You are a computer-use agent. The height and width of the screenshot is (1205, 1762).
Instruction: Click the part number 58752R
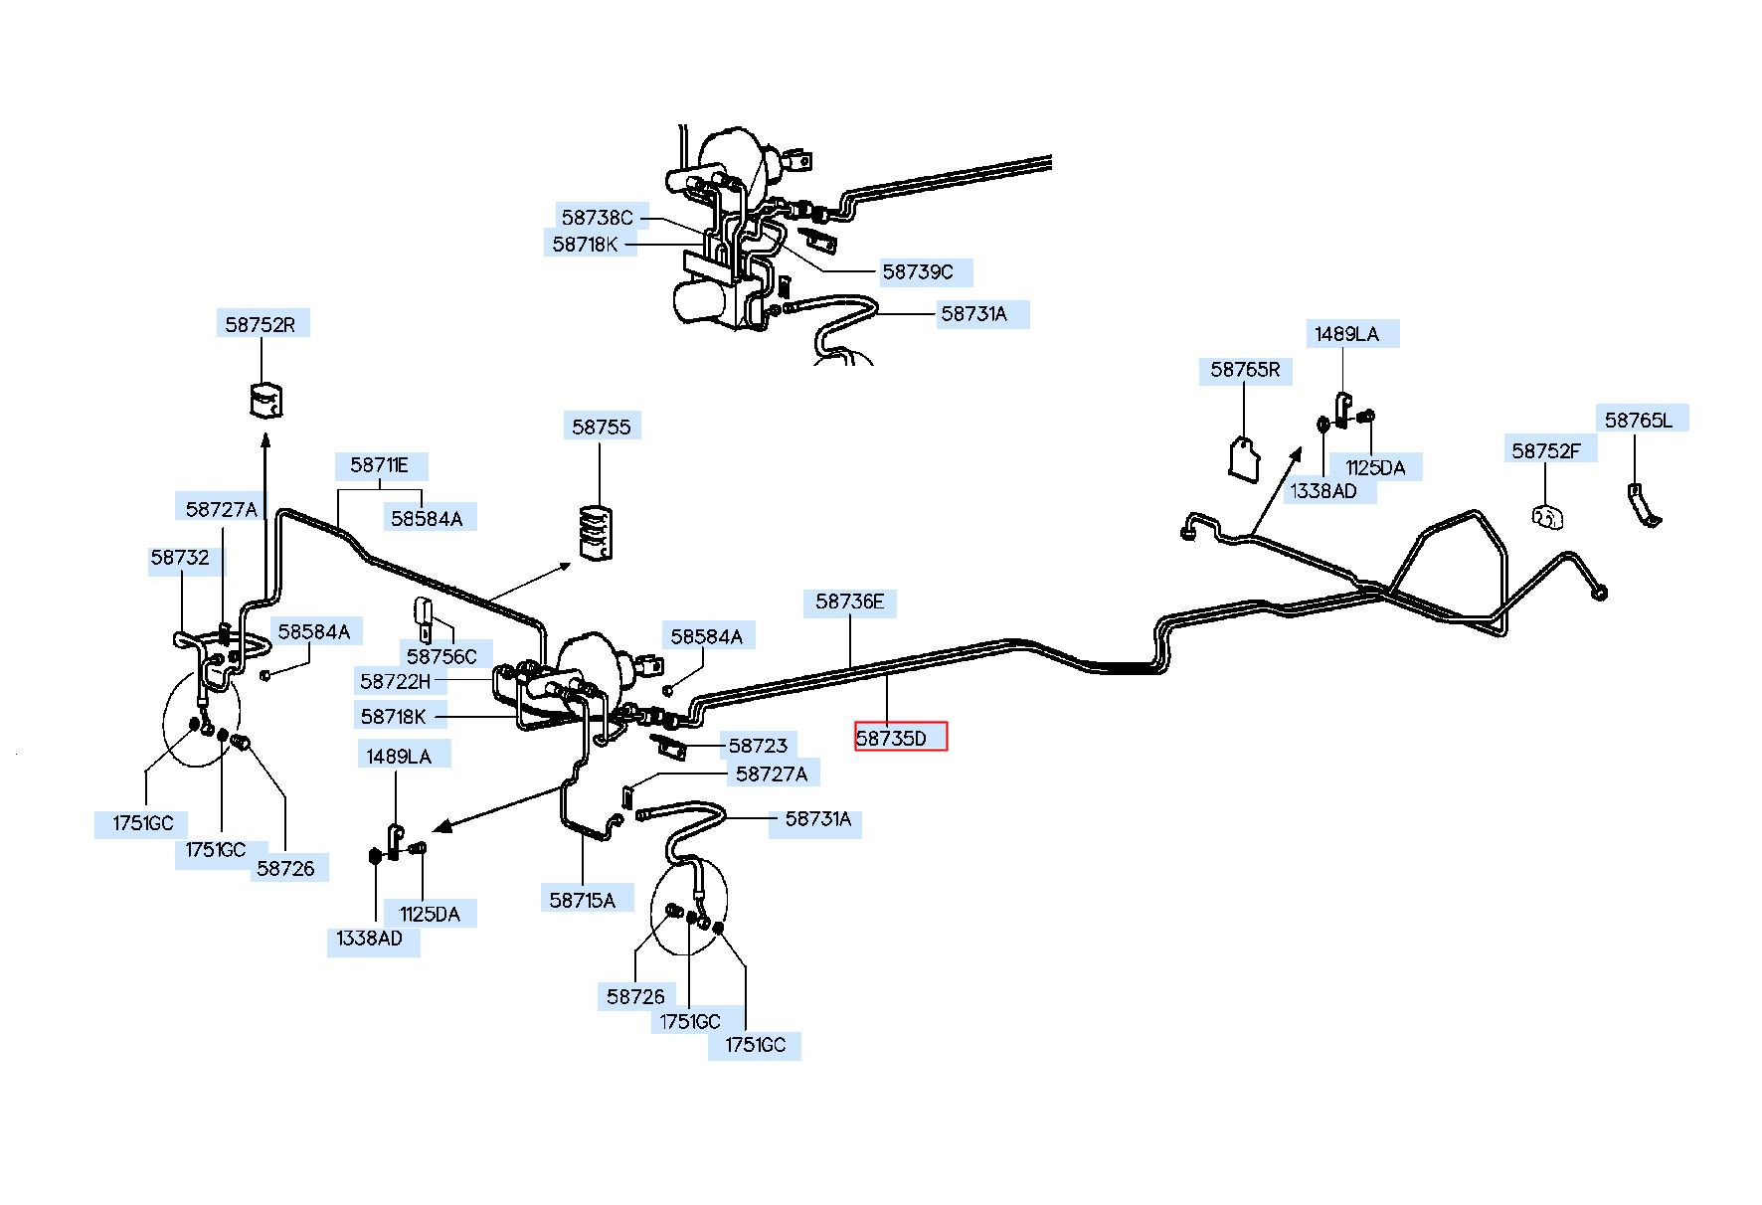click(x=262, y=324)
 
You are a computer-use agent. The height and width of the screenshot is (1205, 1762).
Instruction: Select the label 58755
click(x=602, y=427)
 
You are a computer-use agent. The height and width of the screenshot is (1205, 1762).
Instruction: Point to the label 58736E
click(x=850, y=602)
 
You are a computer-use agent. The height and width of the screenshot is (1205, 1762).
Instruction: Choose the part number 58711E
click(x=380, y=464)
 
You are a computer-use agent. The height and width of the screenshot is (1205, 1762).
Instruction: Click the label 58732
click(x=180, y=557)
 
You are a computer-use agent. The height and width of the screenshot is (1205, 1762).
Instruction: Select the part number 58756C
click(x=442, y=656)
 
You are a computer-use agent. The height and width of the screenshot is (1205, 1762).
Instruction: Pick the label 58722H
click(x=396, y=681)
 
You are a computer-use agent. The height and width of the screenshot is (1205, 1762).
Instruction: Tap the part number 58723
click(x=758, y=746)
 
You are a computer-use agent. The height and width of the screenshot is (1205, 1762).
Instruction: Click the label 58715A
click(x=583, y=900)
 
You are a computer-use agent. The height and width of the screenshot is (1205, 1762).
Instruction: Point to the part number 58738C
click(x=597, y=217)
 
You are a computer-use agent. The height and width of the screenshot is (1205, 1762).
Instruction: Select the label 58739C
click(x=918, y=271)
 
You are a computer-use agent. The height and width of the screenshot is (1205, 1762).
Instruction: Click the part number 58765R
click(x=1245, y=370)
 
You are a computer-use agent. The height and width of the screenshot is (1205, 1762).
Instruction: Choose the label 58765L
click(x=1639, y=420)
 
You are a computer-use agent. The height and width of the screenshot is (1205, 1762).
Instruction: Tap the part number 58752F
click(x=1546, y=450)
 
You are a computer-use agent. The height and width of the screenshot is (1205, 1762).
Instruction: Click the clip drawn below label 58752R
click(x=264, y=399)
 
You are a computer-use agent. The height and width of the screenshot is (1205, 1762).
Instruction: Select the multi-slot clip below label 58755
click(x=595, y=533)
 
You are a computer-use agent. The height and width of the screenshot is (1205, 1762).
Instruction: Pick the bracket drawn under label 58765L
click(x=1643, y=506)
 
